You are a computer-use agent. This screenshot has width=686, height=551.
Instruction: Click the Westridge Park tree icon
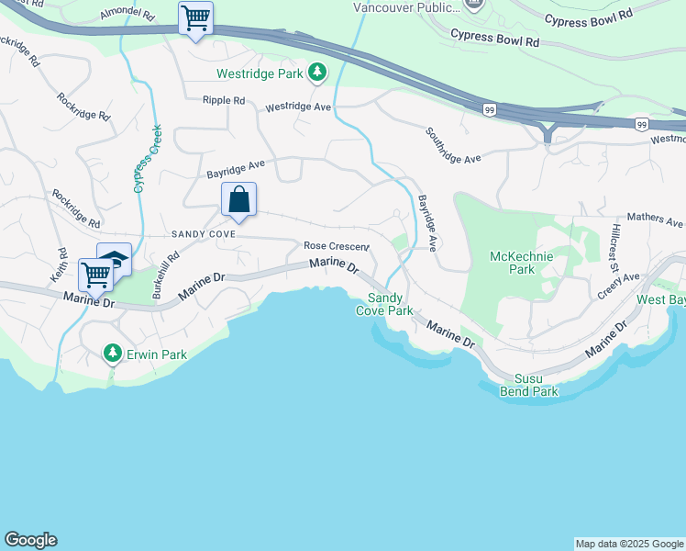tap(317, 72)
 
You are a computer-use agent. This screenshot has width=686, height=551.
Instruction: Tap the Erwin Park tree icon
tap(112, 352)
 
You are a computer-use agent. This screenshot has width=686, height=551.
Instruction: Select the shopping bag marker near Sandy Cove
tap(238, 198)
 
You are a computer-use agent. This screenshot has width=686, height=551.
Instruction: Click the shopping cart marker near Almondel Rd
tap(195, 17)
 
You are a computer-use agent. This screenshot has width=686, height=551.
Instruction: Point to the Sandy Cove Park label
tap(391, 304)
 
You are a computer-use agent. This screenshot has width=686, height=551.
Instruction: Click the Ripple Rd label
tap(224, 100)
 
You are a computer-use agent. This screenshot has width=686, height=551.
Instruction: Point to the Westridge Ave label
tap(298, 107)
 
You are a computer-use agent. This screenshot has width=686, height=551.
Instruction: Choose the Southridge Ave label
tap(453, 145)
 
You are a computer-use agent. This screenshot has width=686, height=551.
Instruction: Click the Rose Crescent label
tap(336, 246)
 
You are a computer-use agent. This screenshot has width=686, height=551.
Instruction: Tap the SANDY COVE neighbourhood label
tap(204, 235)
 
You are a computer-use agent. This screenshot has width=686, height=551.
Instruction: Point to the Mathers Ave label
tap(661, 222)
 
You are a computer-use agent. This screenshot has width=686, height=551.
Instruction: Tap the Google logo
tap(30, 540)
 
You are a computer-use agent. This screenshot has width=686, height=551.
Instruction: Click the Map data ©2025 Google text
tap(629, 544)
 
